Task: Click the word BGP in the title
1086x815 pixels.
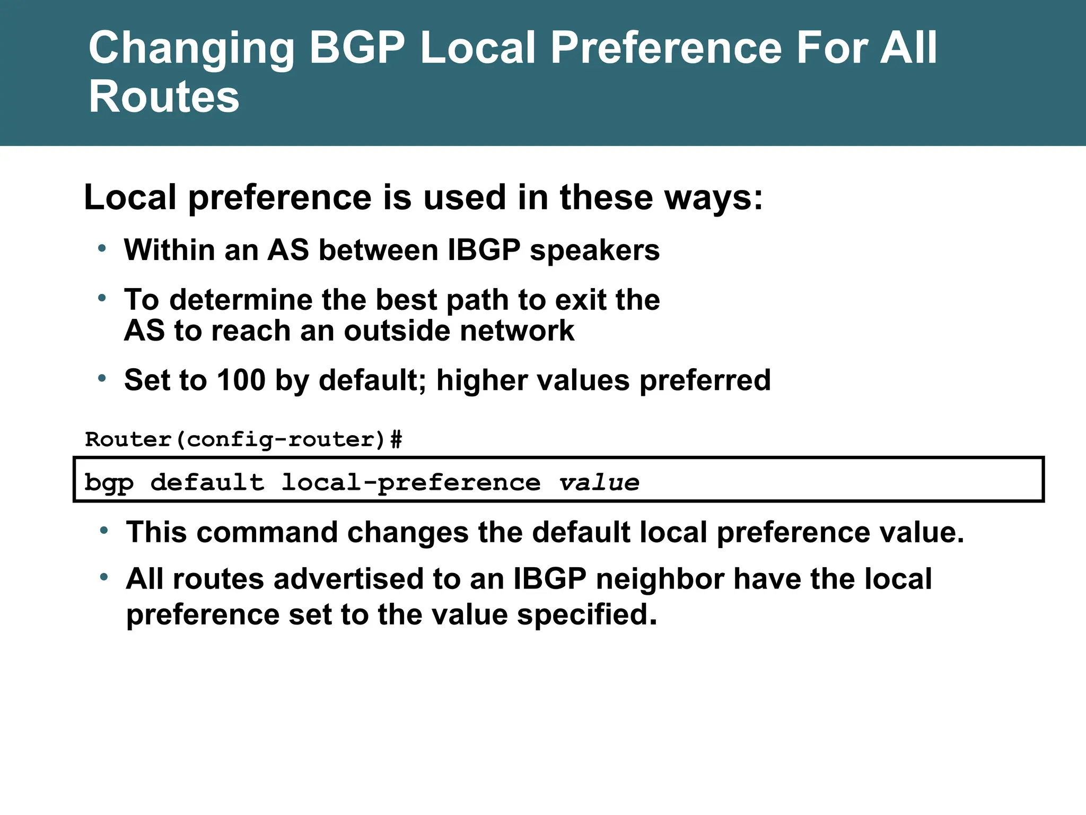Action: (x=357, y=48)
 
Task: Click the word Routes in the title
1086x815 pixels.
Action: (x=164, y=97)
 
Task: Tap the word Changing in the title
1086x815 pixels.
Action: (x=191, y=49)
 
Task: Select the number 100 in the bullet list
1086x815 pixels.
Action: (x=241, y=380)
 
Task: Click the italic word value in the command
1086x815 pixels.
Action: (x=599, y=482)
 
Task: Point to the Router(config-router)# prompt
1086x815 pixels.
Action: (x=243, y=439)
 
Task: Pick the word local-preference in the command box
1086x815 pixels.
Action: (x=410, y=483)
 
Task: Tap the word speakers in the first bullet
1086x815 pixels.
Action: (x=594, y=250)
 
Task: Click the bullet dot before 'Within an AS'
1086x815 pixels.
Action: (x=102, y=248)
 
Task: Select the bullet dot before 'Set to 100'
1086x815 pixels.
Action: (x=102, y=378)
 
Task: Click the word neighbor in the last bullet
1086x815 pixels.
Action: (x=660, y=578)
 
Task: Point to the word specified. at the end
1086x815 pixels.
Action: (x=586, y=614)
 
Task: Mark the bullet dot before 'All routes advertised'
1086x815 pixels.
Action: (x=104, y=576)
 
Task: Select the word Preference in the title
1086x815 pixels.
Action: (x=666, y=48)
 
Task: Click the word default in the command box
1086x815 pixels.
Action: (x=207, y=482)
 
